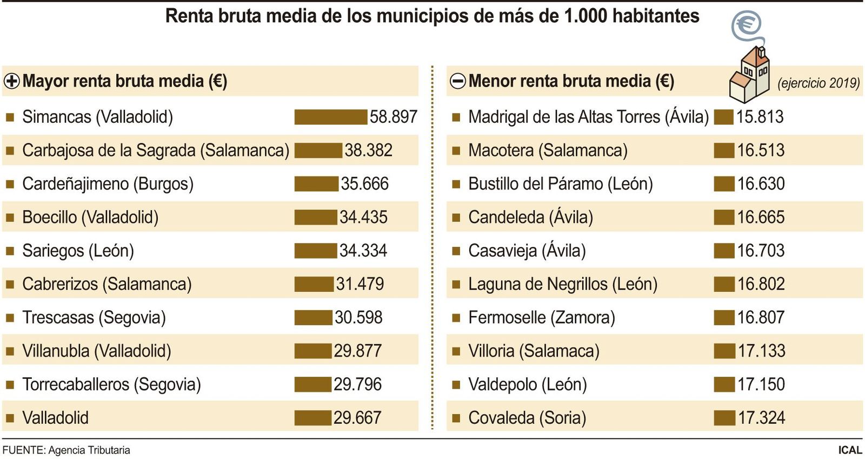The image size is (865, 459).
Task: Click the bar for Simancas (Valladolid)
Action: pyautogui.click(x=331, y=117)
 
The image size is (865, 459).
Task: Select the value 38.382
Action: pyautogui.click(x=368, y=150)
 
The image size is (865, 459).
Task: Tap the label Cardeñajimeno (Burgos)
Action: pyautogui.click(x=108, y=184)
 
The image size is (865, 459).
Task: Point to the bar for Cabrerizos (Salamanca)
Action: pyautogui.click(x=314, y=284)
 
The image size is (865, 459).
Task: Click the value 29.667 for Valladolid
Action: pyautogui.click(x=357, y=418)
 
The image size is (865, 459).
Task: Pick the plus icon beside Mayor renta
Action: pyautogui.click(x=11, y=81)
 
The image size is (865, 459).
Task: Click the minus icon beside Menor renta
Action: pyautogui.click(x=457, y=81)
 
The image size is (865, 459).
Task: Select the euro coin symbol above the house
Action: pyautogui.click(x=747, y=24)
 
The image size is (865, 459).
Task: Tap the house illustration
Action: pyautogui.click(x=749, y=76)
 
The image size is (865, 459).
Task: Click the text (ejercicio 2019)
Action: pyautogui.click(x=818, y=83)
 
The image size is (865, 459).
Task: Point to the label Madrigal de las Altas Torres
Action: pyautogui.click(x=588, y=117)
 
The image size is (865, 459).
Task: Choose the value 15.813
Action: pyautogui.click(x=760, y=117)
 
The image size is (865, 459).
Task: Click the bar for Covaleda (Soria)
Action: pyautogui.click(x=724, y=418)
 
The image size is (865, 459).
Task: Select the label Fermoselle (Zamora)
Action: pyautogui.click(x=541, y=318)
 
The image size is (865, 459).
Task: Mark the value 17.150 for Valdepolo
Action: pyautogui.click(x=761, y=384)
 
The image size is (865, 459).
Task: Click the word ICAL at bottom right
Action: pyautogui.click(x=850, y=450)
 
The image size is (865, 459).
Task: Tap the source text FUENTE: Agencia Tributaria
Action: pyautogui.click(x=66, y=450)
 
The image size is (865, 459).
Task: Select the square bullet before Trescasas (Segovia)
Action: pyautogui.click(x=10, y=318)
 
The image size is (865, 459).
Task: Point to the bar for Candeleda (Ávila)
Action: pyautogui.click(x=724, y=218)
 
